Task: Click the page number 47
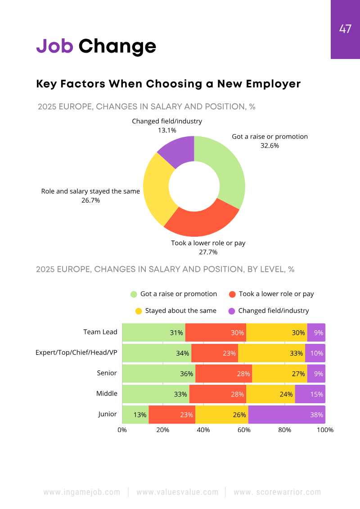(x=345, y=29)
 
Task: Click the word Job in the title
(x=54, y=46)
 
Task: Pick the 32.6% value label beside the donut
(x=270, y=145)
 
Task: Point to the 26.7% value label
(x=90, y=200)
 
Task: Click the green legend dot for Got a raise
(x=134, y=294)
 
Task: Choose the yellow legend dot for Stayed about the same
(x=139, y=311)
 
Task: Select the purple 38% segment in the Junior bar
(x=287, y=414)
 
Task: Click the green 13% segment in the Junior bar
(x=135, y=414)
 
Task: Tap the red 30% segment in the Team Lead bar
(x=216, y=333)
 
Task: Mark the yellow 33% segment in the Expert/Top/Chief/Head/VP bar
(x=271, y=353)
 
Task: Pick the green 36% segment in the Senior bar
(x=158, y=374)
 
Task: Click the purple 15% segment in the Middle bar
(x=310, y=394)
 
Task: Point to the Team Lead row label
(x=100, y=332)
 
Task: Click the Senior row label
(x=107, y=373)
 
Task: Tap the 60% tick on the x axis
(x=244, y=430)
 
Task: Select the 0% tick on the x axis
(x=122, y=430)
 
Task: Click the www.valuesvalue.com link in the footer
(x=177, y=492)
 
